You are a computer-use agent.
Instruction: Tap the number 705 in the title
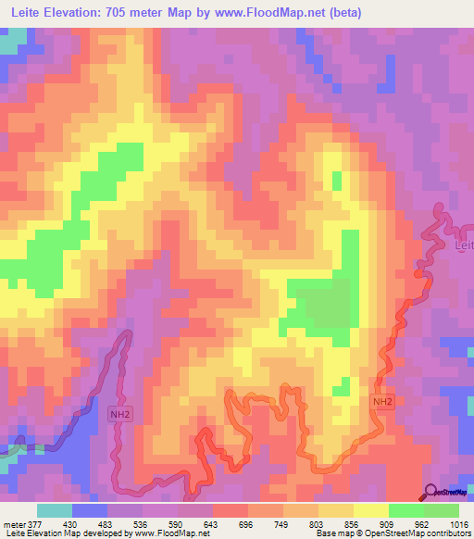131,13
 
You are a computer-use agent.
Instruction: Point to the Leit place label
464,245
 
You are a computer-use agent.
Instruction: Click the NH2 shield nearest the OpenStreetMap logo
382,402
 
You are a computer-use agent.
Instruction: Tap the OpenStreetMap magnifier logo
430,492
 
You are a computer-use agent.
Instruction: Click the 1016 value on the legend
458,522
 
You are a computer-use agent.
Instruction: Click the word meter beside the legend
14,522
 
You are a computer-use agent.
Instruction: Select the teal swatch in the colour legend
55,510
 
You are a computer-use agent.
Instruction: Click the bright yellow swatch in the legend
370,510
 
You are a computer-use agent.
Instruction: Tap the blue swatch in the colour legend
90,510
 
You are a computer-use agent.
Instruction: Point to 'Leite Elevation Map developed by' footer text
56,533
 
